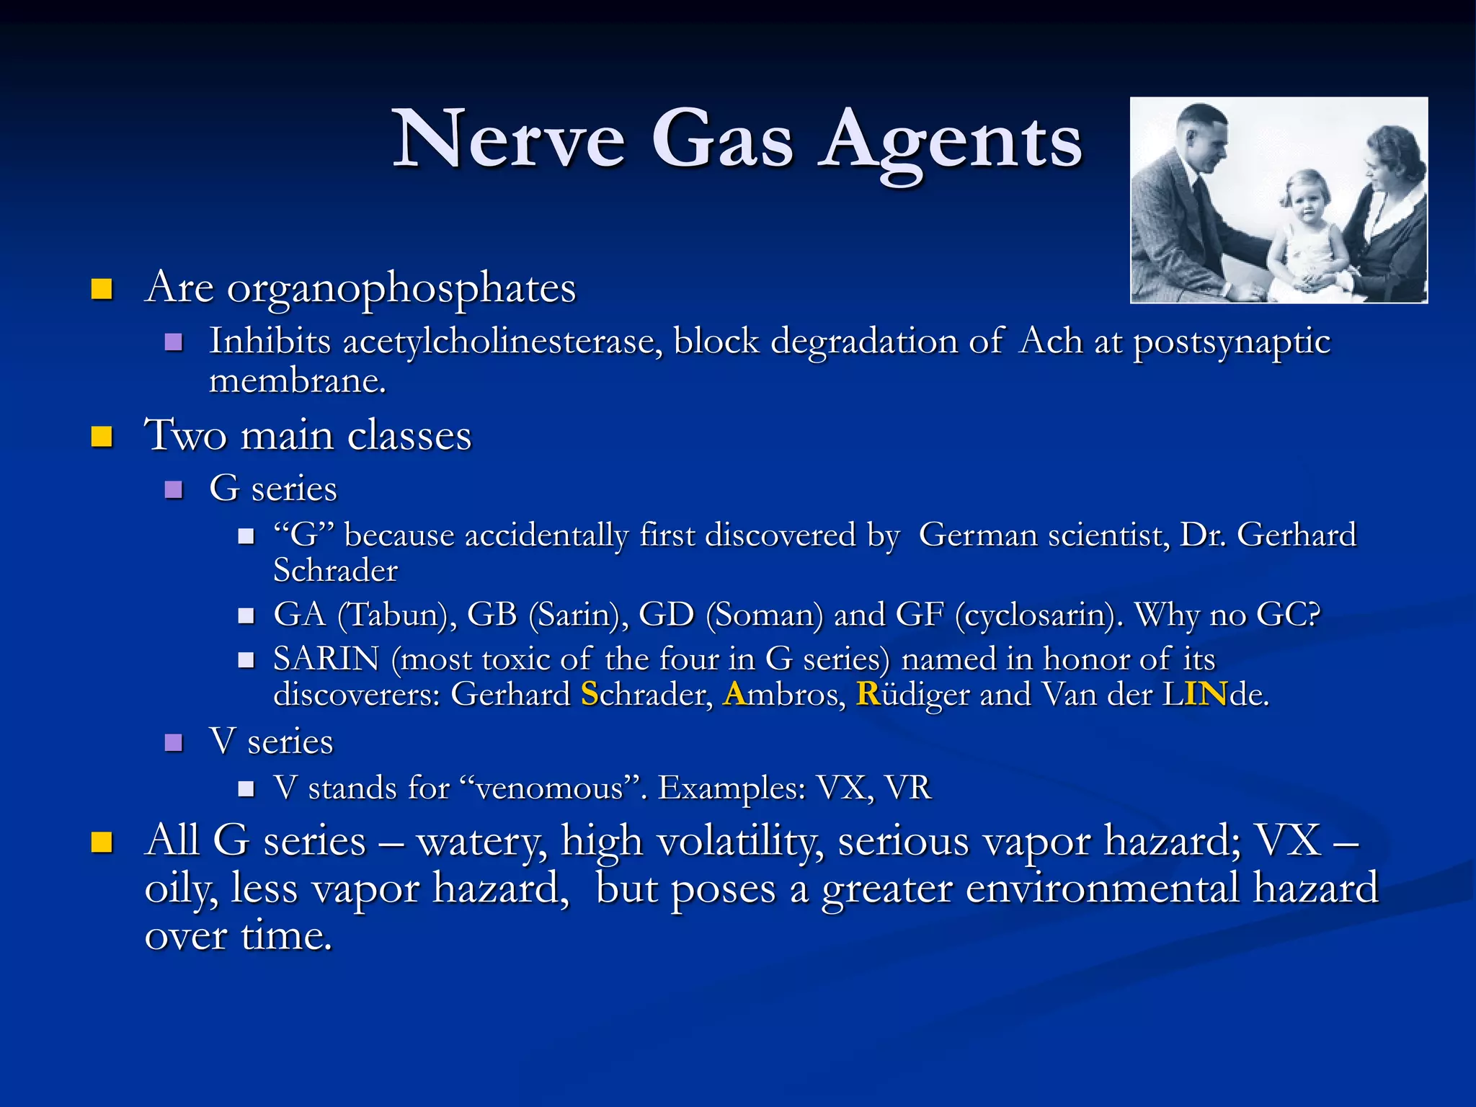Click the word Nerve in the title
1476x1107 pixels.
point(509,139)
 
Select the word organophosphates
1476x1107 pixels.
point(401,289)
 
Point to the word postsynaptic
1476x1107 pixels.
point(1232,342)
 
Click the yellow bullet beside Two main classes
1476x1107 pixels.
point(102,437)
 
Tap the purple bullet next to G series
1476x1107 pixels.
point(174,490)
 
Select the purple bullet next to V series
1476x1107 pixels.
point(174,742)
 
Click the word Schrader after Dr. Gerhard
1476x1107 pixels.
point(335,571)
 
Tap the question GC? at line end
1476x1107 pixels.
point(1288,615)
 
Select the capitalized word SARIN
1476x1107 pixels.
point(326,659)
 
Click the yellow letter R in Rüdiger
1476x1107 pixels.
point(868,695)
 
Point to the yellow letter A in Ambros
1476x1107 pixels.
point(734,695)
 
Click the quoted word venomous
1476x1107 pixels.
point(549,788)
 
